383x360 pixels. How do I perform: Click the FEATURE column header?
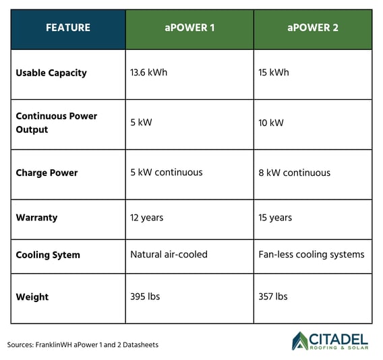point(67,28)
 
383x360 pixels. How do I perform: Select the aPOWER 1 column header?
point(189,28)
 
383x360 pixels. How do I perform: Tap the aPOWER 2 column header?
point(312,28)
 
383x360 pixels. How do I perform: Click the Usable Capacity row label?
point(51,73)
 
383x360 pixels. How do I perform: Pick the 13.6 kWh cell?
point(149,73)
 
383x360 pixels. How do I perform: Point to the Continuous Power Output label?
point(57,123)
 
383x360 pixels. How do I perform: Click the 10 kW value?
point(271,123)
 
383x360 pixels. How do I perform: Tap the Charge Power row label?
point(47,173)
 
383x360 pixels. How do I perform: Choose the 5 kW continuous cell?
point(166,173)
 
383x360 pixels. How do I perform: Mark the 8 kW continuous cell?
point(295,173)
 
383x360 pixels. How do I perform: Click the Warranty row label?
point(36,218)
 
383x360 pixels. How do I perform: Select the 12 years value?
point(146,218)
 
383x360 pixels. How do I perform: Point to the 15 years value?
point(275,218)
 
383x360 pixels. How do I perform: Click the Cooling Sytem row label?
point(48,255)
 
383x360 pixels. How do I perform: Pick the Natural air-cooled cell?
point(169,255)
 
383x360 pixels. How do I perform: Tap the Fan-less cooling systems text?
point(311,255)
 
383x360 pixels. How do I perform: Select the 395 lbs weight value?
point(145,297)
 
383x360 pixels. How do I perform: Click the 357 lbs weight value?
point(273,297)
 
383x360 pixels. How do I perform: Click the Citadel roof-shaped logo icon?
point(301,340)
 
